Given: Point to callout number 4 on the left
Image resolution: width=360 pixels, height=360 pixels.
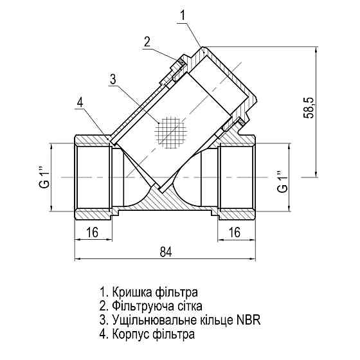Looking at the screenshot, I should (80, 102).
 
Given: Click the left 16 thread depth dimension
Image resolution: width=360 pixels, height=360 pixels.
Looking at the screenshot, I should (92, 232).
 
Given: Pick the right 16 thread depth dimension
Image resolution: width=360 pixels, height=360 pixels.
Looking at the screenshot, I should (235, 232).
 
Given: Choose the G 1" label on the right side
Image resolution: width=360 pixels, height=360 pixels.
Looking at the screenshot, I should (281, 181).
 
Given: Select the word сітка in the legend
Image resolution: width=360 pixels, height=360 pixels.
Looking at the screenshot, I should (187, 305).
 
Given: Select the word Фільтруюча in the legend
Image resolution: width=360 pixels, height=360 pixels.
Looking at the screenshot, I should (141, 305).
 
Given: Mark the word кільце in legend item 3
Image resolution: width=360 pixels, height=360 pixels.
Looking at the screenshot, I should (215, 319).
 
